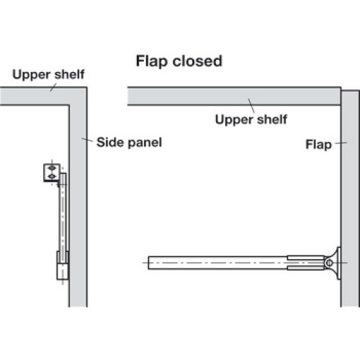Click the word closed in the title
click(x=197, y=61)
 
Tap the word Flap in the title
click(x=152, y=62)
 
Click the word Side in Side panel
click(x=109, y=142)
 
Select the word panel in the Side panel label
click(x=145, y=143)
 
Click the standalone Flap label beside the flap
click(x=319, y=145)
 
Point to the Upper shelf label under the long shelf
click(x=251, y=120)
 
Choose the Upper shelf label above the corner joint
click(x=48, y=75)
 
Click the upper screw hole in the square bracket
click(x=52, y=168)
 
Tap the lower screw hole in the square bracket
click(x=52, y=177)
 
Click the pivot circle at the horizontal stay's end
click(x=329, y=263)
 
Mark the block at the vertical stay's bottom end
click(x=63, y=265)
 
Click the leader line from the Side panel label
click(x=87, y=140)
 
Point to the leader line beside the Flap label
click(x=341, y=143)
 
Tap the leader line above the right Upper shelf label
click(x=251, y=105)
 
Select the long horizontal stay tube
click(x=218, y=263)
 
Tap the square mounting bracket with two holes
click(x=52, y=173)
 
